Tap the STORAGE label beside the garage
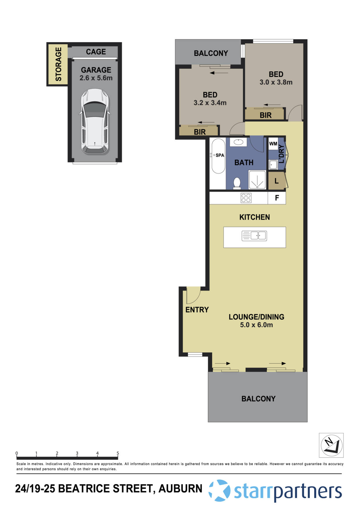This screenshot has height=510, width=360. pos(58,64)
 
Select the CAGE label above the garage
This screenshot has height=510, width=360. pos(96,52)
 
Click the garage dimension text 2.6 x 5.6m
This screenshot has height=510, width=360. pos(96,78)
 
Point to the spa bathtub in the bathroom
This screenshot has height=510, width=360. pos(218,156)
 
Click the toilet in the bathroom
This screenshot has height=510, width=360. pos(237,183)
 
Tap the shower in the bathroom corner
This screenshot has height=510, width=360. pos(257,180)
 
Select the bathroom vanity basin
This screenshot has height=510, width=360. pos(238,142)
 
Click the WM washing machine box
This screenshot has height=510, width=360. pos(273,144)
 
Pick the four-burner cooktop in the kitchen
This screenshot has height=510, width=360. pos(246,198)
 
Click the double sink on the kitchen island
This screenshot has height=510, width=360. pos(255,236)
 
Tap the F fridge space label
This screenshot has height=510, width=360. pos(277,198)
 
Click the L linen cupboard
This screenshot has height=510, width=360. pos(277,181)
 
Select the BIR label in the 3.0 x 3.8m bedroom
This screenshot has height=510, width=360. pos(265,115)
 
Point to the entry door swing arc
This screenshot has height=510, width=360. pos(193,295)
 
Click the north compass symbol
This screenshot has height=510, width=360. pos(331,445)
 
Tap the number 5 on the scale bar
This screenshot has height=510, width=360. pos(118,453)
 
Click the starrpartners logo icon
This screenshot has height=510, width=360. pos(220,491)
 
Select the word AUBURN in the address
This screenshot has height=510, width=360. pos(180,488)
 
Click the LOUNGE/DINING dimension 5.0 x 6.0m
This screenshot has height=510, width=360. pos(256,325)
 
